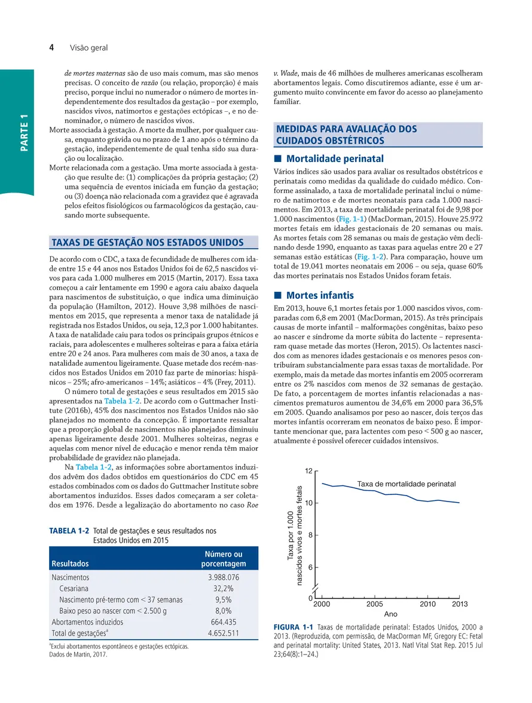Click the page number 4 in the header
[x=52, y=47]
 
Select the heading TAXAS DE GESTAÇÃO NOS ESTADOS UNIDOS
[x=148, y=242]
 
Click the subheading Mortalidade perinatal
[x=335, y=159]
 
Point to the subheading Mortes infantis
[x=320, y=295]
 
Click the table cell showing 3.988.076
[x=223, y=577]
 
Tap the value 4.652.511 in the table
[x=223, y=633]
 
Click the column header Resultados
[x=71, y=564]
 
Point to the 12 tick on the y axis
[x=308, y=472]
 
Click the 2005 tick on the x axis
[x=375, y=604]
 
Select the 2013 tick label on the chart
[x=460, y=604]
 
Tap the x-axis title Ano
[x=390, y=615]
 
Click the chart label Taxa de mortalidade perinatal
[x=406, y=484]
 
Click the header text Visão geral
[x=88, y=47]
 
